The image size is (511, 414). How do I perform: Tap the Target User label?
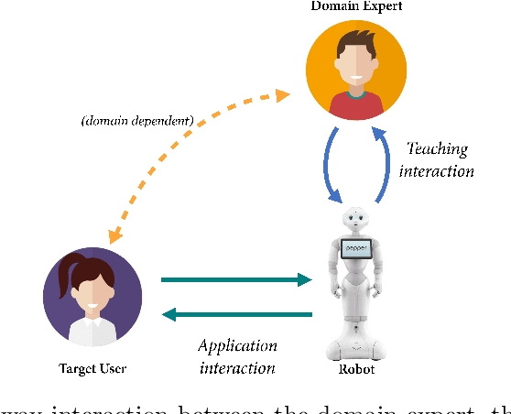pyautogui.click(x=92, y=368)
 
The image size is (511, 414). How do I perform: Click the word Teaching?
pyautogui.click(x=438, y=149)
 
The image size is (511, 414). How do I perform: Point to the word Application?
pyautogui.click(x=238, y=345)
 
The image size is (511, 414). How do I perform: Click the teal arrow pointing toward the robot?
pyautogui.click(x=236, y=280)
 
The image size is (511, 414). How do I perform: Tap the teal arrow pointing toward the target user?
pyautogui.click(x=236, y=315)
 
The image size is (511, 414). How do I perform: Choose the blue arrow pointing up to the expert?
pyautogui.click(x=386, y=165)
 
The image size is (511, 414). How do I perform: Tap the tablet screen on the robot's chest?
pyautogui.click(x=356, y=248)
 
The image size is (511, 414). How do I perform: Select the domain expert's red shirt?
pyautogui.click(x=358, y=107)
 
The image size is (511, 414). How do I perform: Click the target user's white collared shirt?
pyautogui.click(x=92, y=335)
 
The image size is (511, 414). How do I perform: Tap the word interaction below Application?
pyautogui.click(x=238, y=367)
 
